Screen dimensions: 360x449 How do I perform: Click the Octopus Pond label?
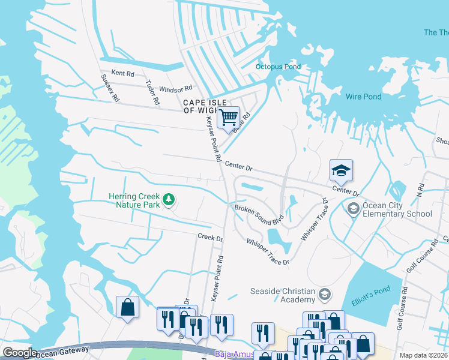[x=278, y=67]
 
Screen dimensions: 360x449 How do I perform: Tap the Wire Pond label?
[x=363, y=97]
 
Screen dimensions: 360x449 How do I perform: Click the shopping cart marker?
[x=228, y=117]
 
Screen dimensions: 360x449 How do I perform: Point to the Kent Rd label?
[x=122, y=73]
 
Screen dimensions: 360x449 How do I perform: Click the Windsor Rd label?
[x=175, y=89]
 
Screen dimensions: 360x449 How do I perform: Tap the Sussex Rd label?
[x=111, y=87]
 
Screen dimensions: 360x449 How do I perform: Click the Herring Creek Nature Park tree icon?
[x=170, y=199]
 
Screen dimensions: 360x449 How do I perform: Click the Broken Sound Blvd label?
[x=259, y=212]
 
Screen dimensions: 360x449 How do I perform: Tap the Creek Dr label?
[x=210, y=238]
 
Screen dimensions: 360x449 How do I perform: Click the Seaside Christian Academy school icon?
[x=324, y=294]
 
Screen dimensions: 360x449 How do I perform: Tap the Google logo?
[x=20, y=353]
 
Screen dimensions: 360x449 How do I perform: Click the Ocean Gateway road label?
[x=62, y=351]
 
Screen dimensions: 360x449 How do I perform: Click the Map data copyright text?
[x=424, y=355]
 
